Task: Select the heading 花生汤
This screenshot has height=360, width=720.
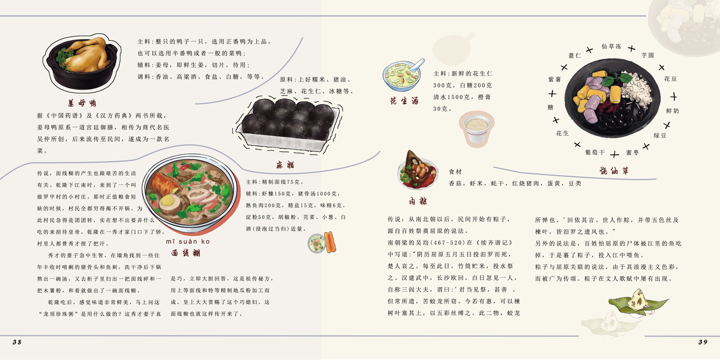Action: click(x=404, y=100)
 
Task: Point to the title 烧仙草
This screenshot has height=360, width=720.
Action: click(x=614, y=172)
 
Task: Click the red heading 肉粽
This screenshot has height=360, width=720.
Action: click(x=419, y=200)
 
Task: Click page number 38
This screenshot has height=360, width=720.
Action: click(x=17, y=342)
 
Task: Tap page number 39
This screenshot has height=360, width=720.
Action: click(x=703, y=342)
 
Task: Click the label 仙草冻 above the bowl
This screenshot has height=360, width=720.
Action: click(x=611, y=46)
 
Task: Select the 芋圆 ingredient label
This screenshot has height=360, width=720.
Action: click(x=647, y=55)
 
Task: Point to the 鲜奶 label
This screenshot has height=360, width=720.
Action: click(x=673, y=111)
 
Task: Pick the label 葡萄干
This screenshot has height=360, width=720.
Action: click(x=595, y=152)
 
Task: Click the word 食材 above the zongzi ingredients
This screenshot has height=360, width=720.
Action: click(x=455, y=172)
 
